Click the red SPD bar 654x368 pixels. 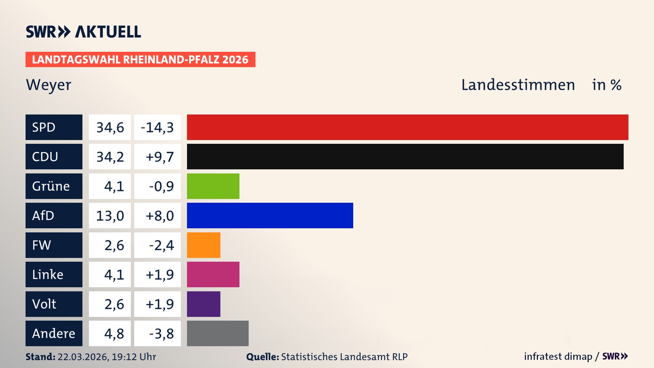(x=407, y=127)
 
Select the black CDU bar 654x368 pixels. (x=405, y=156)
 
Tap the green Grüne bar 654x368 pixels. (x=213, y=186)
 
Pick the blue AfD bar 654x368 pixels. (x=270, y=215)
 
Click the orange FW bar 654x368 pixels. (x=203, y=245)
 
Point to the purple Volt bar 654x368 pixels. (x=203, y=304)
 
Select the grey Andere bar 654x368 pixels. (x=218, y=333)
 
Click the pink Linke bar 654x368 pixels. (x=213, y=274)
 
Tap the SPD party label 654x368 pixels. (x=54, y=127)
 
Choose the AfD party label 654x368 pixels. (x=54, y=215)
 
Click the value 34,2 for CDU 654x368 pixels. (x=110, y=157)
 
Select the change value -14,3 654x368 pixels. (x=157, y=127)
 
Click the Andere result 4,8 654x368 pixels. (x=114, y=334)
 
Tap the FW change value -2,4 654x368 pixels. (x=161, y=245)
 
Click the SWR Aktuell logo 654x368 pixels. (x=83, y=32)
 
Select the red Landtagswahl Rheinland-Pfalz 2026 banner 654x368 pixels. (x=140, y=60)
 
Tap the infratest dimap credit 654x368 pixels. (x=558, y=356)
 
